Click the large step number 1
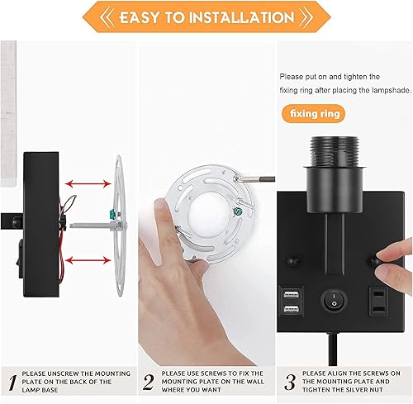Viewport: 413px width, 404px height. (10, 383)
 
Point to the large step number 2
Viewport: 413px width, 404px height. (148, 383)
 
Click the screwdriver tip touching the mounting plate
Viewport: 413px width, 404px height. (237, 175)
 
